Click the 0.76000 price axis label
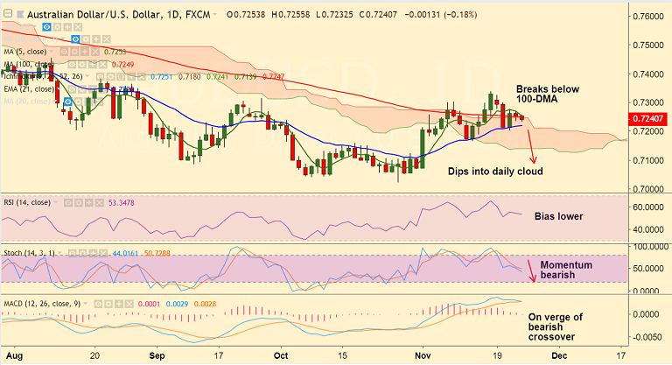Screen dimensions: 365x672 pyautogui.click(x=649, y=16)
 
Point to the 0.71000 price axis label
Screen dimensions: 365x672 pyautogui.click(x=649, y=160)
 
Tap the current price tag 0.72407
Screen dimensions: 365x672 pyautogui.click(x=649, y=118)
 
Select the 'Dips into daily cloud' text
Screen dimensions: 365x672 pyautogui.click(x=495, y=172)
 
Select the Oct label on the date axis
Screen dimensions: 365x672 pyautogui.click(x=280, y=357)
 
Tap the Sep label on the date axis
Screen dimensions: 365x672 pyautogui.click(x=157, y=357)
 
